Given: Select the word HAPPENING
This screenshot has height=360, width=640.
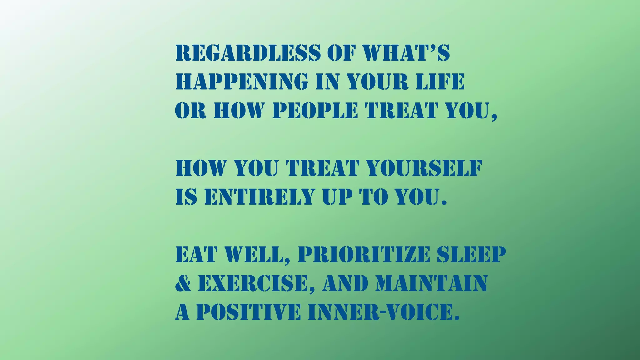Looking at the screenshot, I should (x=242, y=82).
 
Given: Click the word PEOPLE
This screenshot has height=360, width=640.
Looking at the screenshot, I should (x=315, y=110).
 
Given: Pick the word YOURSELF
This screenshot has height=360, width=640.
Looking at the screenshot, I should (x=424, y=168).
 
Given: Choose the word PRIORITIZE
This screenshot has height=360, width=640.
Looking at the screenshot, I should (x=364, y=254).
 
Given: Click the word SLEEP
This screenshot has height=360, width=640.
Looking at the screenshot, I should (x=471, y=254).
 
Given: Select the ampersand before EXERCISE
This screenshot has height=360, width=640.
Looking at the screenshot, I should (x=183, y=283).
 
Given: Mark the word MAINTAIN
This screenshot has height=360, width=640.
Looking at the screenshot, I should (x=432, y=283).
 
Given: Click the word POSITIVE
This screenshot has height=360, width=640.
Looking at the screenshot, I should (x=248, y=312).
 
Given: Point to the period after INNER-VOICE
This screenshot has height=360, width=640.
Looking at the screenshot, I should (x=457, y=318).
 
